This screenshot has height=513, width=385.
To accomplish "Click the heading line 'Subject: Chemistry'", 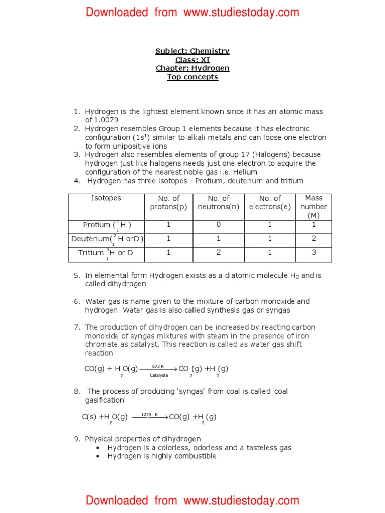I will click(192, 51).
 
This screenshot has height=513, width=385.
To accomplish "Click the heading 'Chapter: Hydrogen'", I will click(192, 68).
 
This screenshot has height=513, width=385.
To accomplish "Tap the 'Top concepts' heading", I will click(192, 77).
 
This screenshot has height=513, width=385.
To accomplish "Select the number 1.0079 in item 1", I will click(108, 120).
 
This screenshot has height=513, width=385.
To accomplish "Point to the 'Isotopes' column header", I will click(106, 198).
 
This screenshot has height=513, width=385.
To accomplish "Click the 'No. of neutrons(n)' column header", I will click(219, 203).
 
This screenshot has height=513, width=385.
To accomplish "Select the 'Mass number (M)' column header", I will click(314, 207).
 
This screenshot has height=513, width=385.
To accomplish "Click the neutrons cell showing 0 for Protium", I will click(219, 225).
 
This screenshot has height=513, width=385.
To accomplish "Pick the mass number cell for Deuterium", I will click(314, 239).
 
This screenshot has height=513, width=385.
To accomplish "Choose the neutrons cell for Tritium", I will click(219, 253).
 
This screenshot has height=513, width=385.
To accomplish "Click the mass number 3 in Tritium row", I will click(314, 253).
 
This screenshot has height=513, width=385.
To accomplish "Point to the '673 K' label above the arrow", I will click(158, 366).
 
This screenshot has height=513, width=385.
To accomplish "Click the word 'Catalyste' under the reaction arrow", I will click(159, 375).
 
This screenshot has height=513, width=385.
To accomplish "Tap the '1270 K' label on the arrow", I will click(149, 415).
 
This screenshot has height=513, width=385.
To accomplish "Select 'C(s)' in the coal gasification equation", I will click(89, 417).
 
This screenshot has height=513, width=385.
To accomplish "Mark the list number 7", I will click(77, 327).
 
